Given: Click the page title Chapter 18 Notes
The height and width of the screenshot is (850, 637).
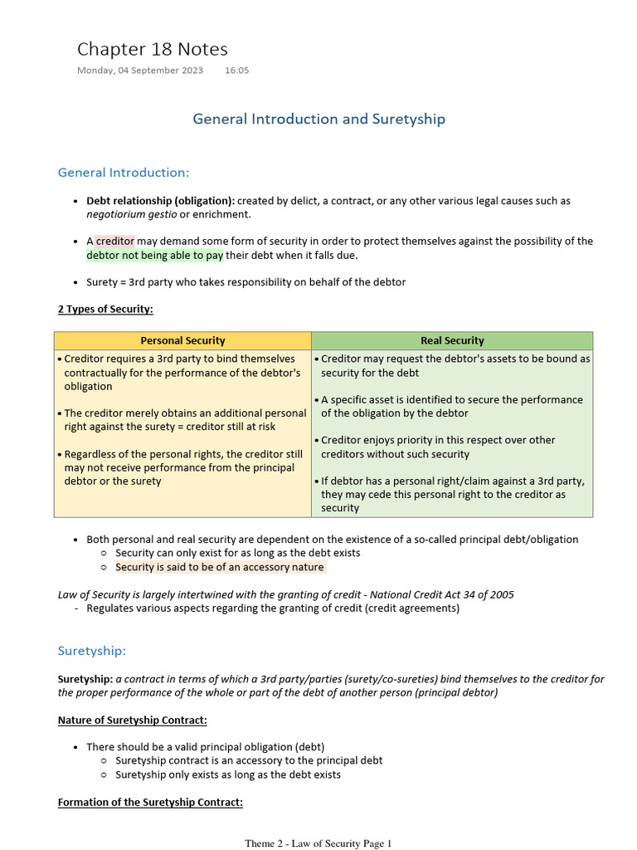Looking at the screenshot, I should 152,49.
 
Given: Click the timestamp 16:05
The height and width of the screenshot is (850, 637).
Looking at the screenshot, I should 236,71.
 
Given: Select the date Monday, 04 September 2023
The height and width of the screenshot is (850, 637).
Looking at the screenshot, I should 140,71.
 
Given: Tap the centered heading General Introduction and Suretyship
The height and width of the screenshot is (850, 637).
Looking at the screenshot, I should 318,119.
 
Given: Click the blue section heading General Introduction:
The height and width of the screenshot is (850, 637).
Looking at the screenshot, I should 124,173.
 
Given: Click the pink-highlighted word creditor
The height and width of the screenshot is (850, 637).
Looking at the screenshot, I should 114,242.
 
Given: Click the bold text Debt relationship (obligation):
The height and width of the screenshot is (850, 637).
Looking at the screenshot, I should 160,201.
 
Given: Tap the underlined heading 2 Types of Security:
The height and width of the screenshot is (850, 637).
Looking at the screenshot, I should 105,309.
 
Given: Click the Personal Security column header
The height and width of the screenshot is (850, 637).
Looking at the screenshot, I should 182,340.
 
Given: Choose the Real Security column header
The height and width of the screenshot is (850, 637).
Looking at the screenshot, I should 452,340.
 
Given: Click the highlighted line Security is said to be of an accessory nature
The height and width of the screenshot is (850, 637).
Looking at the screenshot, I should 220,567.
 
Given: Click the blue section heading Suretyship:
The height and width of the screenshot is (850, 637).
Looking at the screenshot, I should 91,650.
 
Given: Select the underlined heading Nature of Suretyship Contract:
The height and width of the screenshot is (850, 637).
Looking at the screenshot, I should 132,720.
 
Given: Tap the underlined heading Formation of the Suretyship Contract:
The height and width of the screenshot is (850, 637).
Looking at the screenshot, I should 150,802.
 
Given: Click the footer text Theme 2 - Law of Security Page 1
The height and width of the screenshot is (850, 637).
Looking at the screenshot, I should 318,843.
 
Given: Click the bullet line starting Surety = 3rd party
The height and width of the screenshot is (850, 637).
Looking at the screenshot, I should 246,282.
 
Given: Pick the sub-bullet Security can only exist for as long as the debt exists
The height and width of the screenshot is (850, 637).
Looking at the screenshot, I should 237,553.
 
